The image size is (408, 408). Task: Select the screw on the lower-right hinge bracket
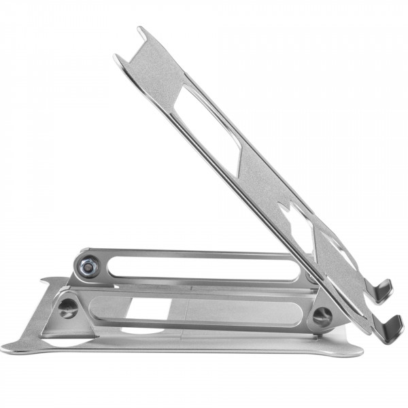coord(322,316)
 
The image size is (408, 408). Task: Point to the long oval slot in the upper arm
coord(204,265)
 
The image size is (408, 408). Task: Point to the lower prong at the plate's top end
coord(119,58)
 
